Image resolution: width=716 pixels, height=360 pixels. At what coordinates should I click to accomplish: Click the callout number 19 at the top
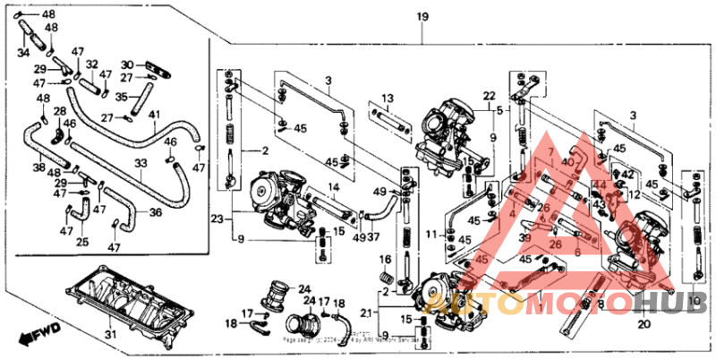pyautogui.click(x=422, y=17)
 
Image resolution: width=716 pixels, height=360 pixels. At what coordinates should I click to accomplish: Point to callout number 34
pyautogui.click(x=23, y=52)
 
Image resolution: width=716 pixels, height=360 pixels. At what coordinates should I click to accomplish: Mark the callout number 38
pyautogui.click(x=39, y=167)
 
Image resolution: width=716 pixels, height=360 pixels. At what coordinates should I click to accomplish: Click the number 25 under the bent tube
pyautogui.click(x=82, y=242)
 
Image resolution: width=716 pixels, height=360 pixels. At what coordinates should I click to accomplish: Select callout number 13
pyautogui.click(x=388, y=98)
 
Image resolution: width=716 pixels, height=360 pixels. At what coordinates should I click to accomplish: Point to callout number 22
pyautogui.click(x=489, y=95)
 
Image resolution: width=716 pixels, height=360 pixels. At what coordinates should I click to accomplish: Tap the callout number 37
pyautogui.click(x=372, y=237)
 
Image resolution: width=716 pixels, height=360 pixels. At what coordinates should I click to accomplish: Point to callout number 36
pyautogui.click(x=156, y=212)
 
